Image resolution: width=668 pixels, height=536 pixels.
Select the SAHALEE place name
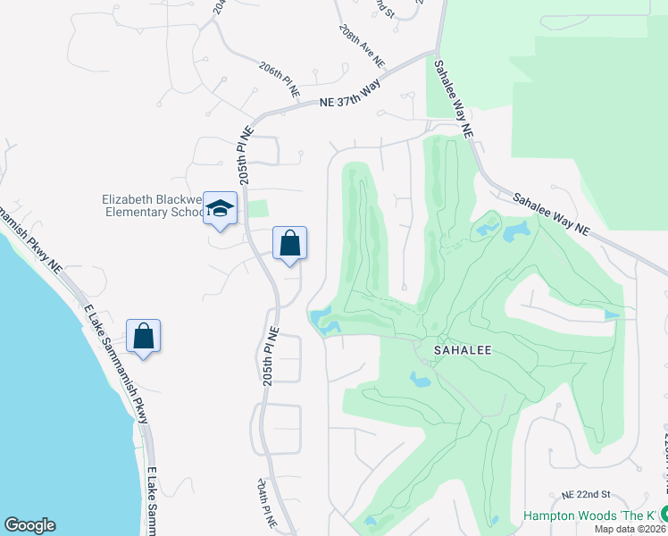tap(463, 352)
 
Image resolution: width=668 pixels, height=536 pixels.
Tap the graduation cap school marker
tap(220, 209)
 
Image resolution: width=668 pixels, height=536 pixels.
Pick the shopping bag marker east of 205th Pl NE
tap(289, 243)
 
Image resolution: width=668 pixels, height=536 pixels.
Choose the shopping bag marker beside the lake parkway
tap(143, 337)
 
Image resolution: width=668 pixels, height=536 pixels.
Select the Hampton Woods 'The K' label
tap(589, 515)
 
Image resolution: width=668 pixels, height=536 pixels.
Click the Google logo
tap(29, 525)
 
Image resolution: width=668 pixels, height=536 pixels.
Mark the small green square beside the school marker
tap(257, 209)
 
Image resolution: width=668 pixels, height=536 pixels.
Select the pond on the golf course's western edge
tap(323, 317)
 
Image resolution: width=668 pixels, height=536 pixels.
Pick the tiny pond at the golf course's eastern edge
tap(612, 314)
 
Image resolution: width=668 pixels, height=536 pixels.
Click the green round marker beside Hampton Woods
tap(664, 515)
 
